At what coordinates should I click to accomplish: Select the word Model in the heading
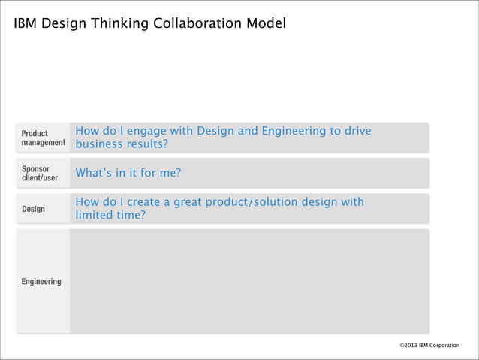267,24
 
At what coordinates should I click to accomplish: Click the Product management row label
43,138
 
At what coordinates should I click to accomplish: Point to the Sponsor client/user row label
39,174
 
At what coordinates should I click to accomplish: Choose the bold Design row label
32,209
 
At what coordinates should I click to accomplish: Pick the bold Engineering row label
41,282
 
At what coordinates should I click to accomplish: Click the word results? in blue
149,144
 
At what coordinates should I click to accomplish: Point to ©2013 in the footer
410,345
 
